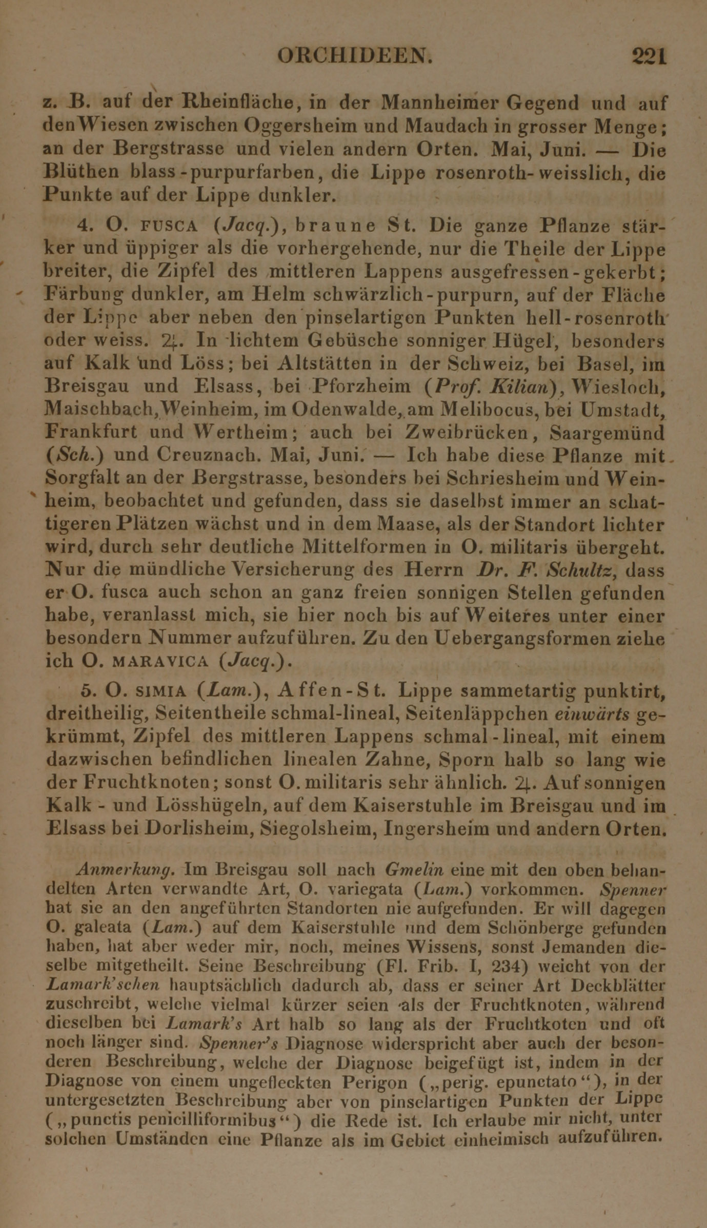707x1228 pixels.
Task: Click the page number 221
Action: (649, 55)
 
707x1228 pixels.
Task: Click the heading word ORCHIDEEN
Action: (353, 55)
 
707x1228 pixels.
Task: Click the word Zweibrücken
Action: (467, 433)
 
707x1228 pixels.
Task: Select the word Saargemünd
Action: (607, 433)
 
